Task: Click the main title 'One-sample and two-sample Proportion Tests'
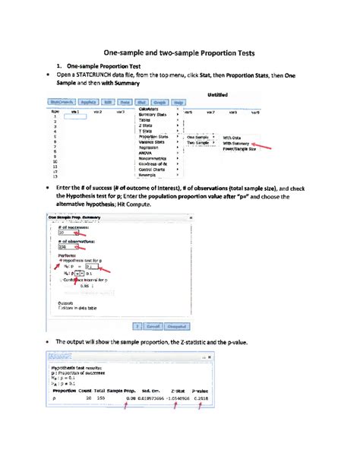tap(180, 54)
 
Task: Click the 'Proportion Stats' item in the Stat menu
tap(153, 137)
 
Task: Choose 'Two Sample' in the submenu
tap(197, 143)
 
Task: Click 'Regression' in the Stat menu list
tap(150, 148)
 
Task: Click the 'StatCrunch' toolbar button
tap(61, 102)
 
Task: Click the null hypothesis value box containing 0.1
tap(92, 267)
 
